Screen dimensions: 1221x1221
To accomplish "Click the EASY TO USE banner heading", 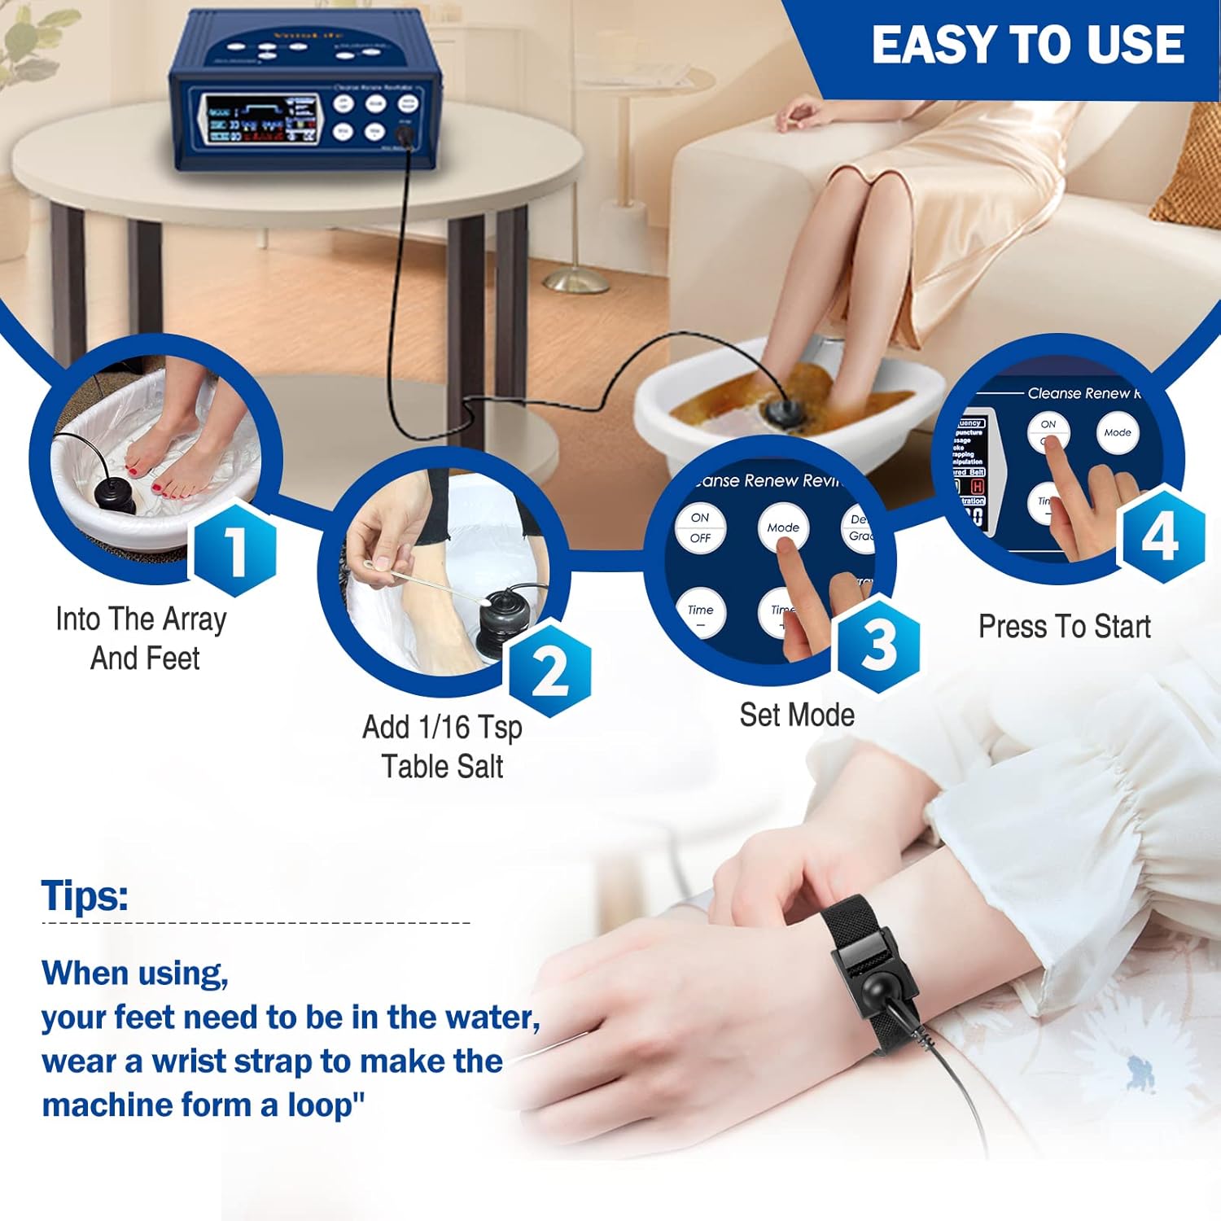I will [1027, 45].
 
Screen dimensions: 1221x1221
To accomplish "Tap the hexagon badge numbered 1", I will [234, 551].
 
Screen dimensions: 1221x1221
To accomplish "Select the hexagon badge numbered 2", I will [550, 669].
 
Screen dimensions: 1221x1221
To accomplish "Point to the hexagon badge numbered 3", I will [879, 645].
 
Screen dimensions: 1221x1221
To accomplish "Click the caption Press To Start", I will [1064, 627].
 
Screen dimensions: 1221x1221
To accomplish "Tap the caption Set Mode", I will [797, 715].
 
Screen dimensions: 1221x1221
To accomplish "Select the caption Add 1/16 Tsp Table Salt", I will [442, 746].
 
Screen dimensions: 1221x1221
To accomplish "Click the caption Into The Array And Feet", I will [142, 638].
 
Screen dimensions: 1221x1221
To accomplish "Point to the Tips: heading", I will [85, 895].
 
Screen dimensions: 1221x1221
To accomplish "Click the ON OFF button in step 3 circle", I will [700, 527].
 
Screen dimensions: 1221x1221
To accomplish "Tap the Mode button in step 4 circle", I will [1117, 433].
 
